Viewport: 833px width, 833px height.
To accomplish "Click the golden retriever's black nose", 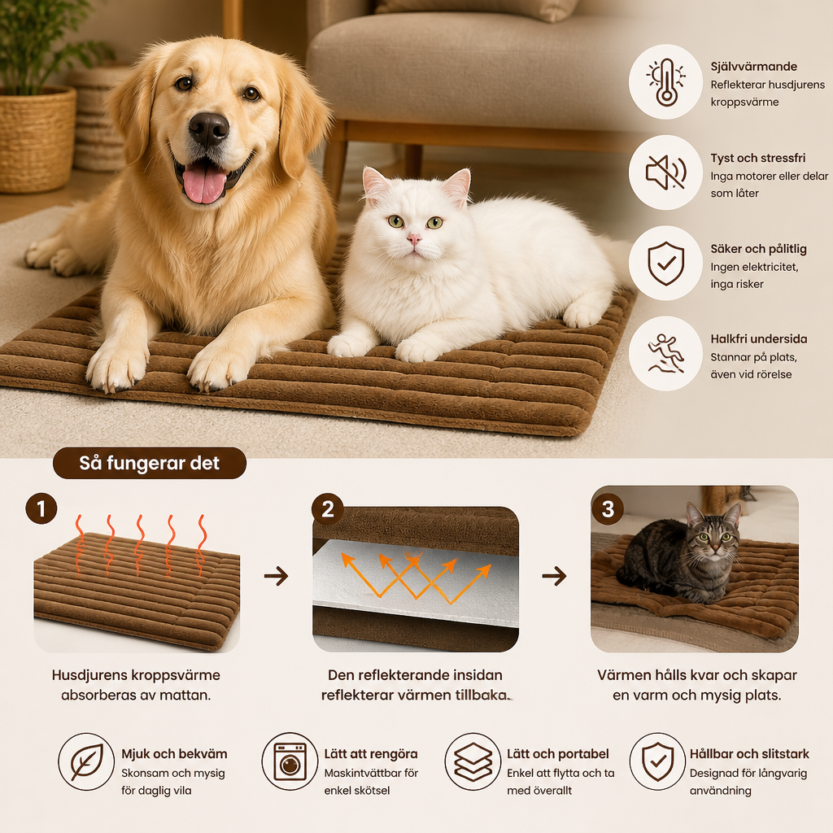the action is tap(209, 129).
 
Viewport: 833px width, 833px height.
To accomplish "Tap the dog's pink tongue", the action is tap(204, 182).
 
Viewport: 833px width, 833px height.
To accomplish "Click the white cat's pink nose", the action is tap(414, 239).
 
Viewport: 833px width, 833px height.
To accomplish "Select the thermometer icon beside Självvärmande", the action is tap(665, 82).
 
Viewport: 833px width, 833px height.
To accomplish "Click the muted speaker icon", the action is tap(665, 172).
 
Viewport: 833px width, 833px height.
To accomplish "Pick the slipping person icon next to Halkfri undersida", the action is tap(665, 353).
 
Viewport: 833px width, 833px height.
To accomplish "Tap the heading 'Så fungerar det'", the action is tap(150, 463).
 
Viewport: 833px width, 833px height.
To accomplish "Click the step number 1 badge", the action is tap(41, 509).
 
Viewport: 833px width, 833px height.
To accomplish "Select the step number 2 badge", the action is tap(327, 509).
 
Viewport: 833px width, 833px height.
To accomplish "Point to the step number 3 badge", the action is tap(607, 509).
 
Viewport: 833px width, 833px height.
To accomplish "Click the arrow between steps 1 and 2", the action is tap(277, 576).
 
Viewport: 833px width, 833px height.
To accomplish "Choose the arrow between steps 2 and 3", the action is tap(554, 576).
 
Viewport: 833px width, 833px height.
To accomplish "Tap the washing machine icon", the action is tap(290, 761).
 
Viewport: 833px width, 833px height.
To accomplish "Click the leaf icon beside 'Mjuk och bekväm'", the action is tap(86, 761).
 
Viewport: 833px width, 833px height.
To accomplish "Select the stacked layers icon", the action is tap(473, 761).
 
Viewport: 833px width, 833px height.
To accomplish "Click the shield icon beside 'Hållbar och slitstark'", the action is tap(657, 761).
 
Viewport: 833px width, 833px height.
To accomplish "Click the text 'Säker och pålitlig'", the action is tap(759, 249).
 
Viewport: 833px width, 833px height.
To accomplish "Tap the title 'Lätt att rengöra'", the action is tap(371, 754).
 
